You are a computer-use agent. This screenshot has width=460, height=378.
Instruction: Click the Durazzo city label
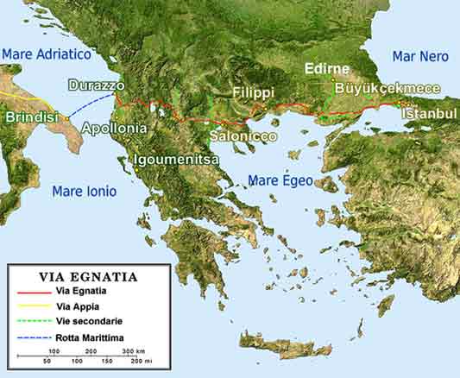point(97,86)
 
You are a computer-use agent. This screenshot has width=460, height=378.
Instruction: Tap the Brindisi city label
point(32,117)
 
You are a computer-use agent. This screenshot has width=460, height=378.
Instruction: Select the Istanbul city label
point(429,114)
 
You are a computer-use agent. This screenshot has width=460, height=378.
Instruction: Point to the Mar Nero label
point(420,56)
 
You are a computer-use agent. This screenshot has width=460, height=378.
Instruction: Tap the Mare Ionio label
point(85,191)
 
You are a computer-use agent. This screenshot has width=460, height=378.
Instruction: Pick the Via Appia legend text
point(75,306)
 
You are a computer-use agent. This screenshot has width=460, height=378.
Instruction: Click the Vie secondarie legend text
point(86,320)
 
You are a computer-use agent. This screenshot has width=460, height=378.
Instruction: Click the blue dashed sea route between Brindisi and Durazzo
point(91,106)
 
